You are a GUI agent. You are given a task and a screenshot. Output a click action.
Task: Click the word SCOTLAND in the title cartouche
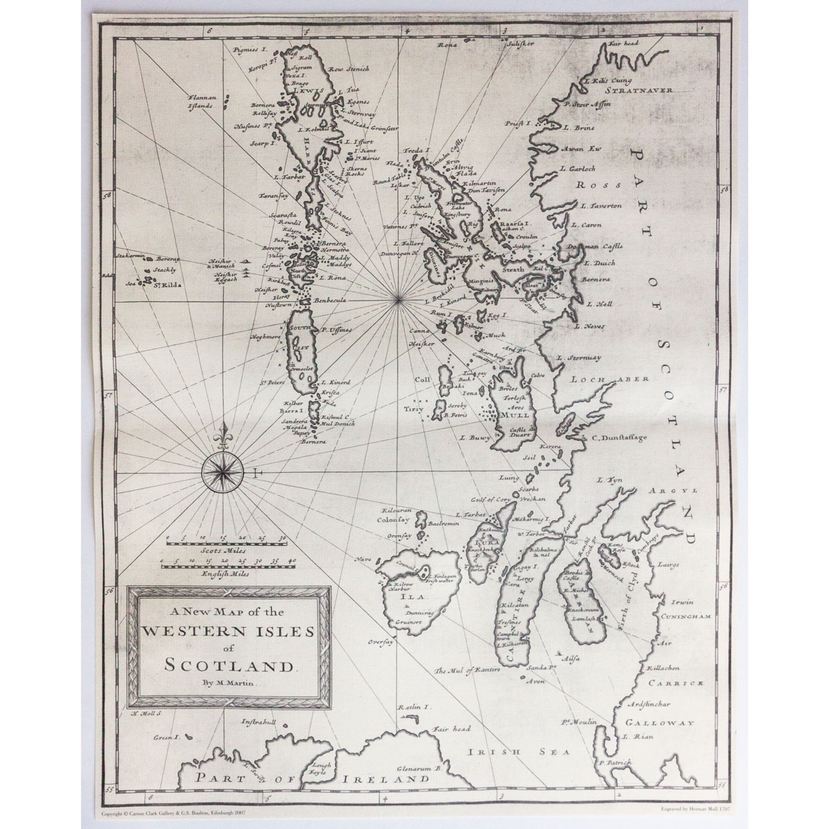pos(227,667)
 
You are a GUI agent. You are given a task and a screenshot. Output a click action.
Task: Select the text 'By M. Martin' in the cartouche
pos(229,684)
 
